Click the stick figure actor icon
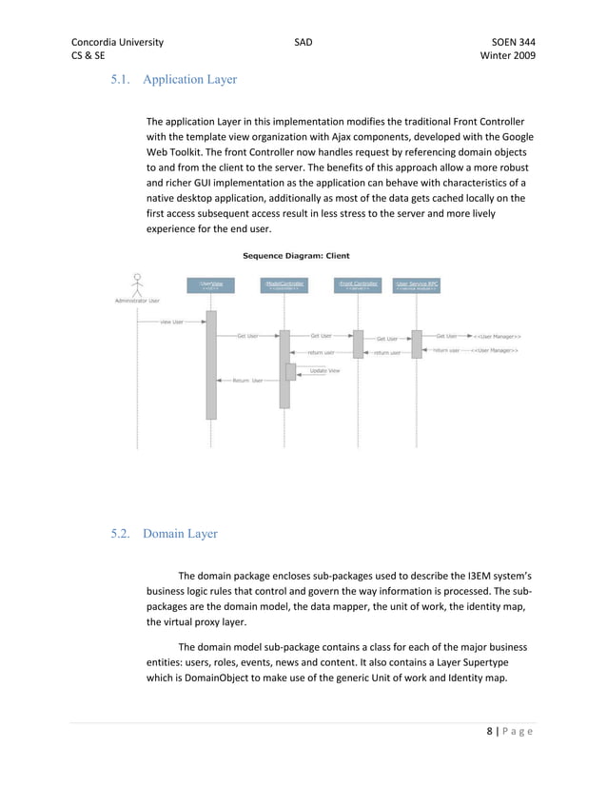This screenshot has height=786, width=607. pyautogui.click(x=137, y=284)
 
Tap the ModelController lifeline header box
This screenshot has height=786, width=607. pyautogui.click(x=284, y=285)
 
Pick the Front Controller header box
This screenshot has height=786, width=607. pyautogui.click(x=358, y=285)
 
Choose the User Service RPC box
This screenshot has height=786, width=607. pyautogui.click(x=416, y=285)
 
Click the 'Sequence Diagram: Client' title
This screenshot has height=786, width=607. pyautogui.click(x=294, y=255)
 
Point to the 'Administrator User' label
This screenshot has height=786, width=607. pyautogui.click(x=137, y=301)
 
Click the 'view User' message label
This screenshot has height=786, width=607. pyautogui.click(x=171, y=322)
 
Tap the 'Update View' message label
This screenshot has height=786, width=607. pyautogui.click(x=324, y=370)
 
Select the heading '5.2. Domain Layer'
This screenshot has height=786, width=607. pyautogui.click(x=165, y=534)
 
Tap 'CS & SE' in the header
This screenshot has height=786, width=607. pyautogui.click(x=88, y=57)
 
